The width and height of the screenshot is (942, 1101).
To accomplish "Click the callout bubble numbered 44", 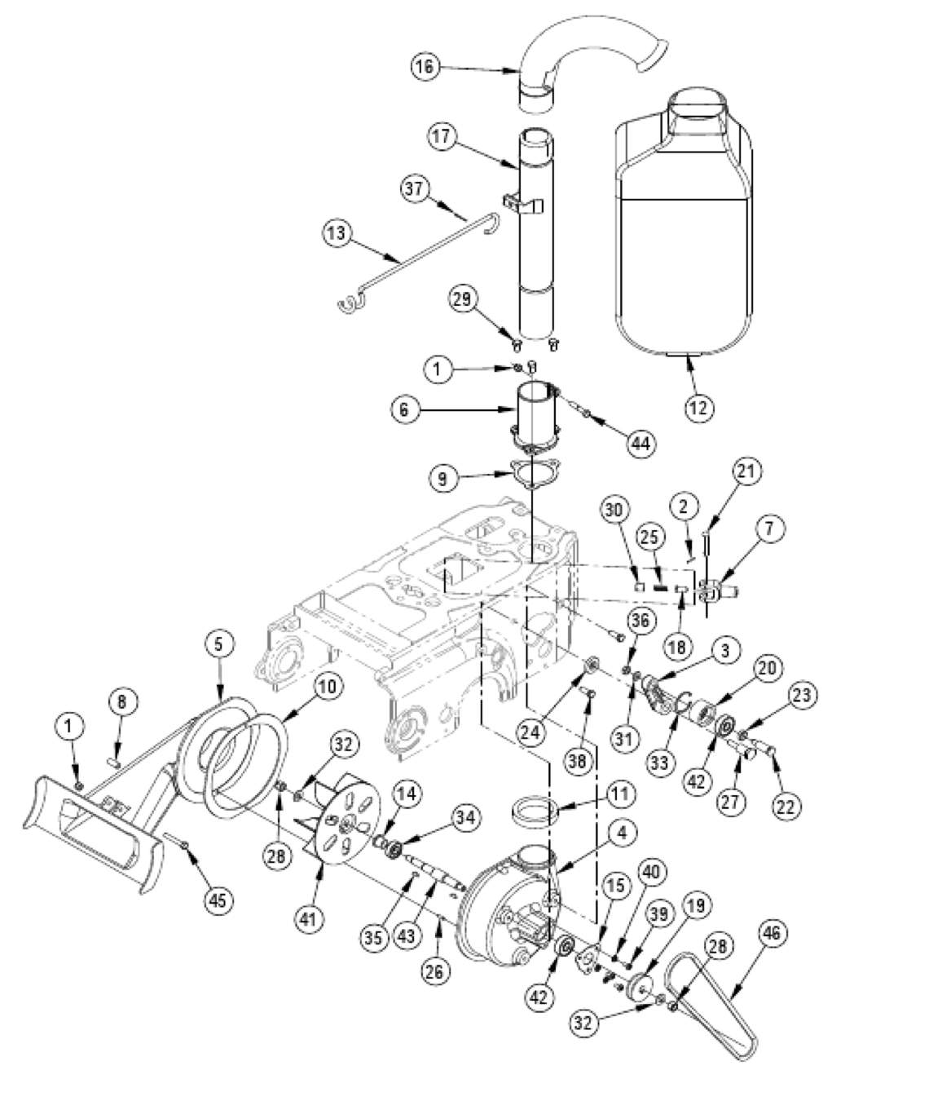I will [640, 443].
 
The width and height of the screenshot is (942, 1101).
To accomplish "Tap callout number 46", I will [773, 934].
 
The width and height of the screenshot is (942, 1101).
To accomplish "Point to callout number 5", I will [218, 644].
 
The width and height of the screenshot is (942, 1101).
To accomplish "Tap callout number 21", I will [747, 471].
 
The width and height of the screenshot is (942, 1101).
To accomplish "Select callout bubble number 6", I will [405, 409].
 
